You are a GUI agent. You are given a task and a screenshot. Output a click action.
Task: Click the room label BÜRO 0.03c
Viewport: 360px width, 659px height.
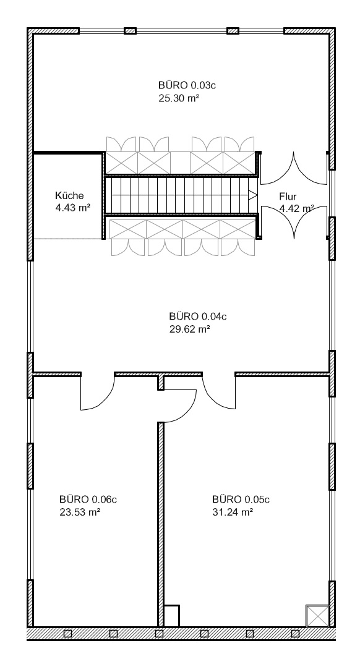(x=187, y=85)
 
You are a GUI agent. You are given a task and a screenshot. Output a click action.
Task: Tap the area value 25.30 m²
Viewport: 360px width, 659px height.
(x=179, y=98)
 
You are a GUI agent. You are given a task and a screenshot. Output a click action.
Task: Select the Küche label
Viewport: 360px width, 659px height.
(x=69, y=195)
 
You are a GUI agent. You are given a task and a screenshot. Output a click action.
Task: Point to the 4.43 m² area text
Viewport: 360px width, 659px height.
(x=73, y=208)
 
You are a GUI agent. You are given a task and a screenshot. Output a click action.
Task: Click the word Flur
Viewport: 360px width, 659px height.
(x=288, y=196)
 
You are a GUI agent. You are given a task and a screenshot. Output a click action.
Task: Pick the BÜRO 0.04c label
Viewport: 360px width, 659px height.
(x=198, y=316)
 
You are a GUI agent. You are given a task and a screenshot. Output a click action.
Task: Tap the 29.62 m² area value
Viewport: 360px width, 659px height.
(x=190, y=329)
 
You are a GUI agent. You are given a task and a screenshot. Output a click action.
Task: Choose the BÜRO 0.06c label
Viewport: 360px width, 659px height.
(x=88, y=500)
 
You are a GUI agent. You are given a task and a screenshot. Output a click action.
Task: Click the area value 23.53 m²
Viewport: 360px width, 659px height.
(x=80, y=512)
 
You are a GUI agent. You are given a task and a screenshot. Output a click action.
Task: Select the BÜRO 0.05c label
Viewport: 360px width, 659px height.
(x=241, y=500)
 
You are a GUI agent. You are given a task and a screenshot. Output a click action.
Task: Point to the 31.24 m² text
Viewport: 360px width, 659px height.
(x=233, y=512)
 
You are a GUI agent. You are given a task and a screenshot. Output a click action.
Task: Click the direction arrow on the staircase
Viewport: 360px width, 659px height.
(x=252, y=195)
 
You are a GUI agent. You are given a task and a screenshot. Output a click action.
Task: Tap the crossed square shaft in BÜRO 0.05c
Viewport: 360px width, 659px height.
(x=317, y=616)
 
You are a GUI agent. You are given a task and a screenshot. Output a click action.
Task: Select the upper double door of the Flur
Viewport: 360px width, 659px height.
(x=294, y=168)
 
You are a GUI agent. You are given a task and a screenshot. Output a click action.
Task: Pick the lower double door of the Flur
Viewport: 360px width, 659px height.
(x=294, y=223)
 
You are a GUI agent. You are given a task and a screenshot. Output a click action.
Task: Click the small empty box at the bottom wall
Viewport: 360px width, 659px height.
(x=171, y=616)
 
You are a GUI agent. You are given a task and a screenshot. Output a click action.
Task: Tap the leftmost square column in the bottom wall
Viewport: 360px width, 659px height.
(x=67, y=634)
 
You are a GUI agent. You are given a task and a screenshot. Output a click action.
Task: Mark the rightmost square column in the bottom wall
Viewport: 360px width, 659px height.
(x=295, y=634)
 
